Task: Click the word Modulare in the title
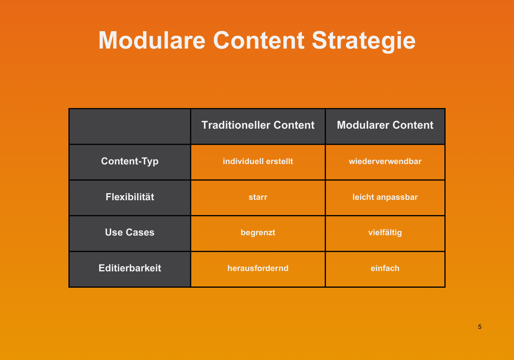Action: coord(152,40)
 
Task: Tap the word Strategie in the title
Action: coord(364,42)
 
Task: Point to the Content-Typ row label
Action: coord(129,161)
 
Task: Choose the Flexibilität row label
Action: coord(129,197)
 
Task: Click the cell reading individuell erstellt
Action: coord(258,161)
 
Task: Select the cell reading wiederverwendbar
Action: coord(385,161)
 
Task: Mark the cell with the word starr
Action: coord(258,197)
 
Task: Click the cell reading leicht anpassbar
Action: coord(385,197)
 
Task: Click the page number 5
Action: coord(479,327)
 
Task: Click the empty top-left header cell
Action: coord(130,126)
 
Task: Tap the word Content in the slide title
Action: coord(259,40)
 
